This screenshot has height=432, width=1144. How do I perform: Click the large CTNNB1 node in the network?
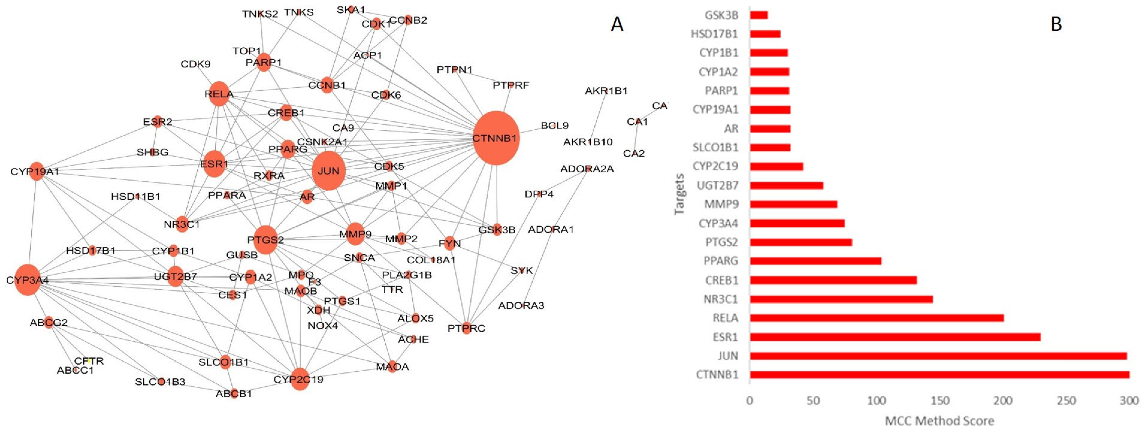[496, 138]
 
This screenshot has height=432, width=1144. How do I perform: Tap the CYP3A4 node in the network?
[27, 280]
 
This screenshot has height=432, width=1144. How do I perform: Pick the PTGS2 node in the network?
[265, 240]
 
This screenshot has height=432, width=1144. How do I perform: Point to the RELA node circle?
[219, 94]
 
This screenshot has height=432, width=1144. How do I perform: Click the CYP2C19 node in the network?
[300, 379]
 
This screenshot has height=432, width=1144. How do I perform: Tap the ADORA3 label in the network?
[521, 306]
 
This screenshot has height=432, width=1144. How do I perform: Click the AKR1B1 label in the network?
[606, 91]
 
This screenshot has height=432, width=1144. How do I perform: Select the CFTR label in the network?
[89, 361]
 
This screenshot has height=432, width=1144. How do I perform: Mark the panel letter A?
[617, 24]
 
